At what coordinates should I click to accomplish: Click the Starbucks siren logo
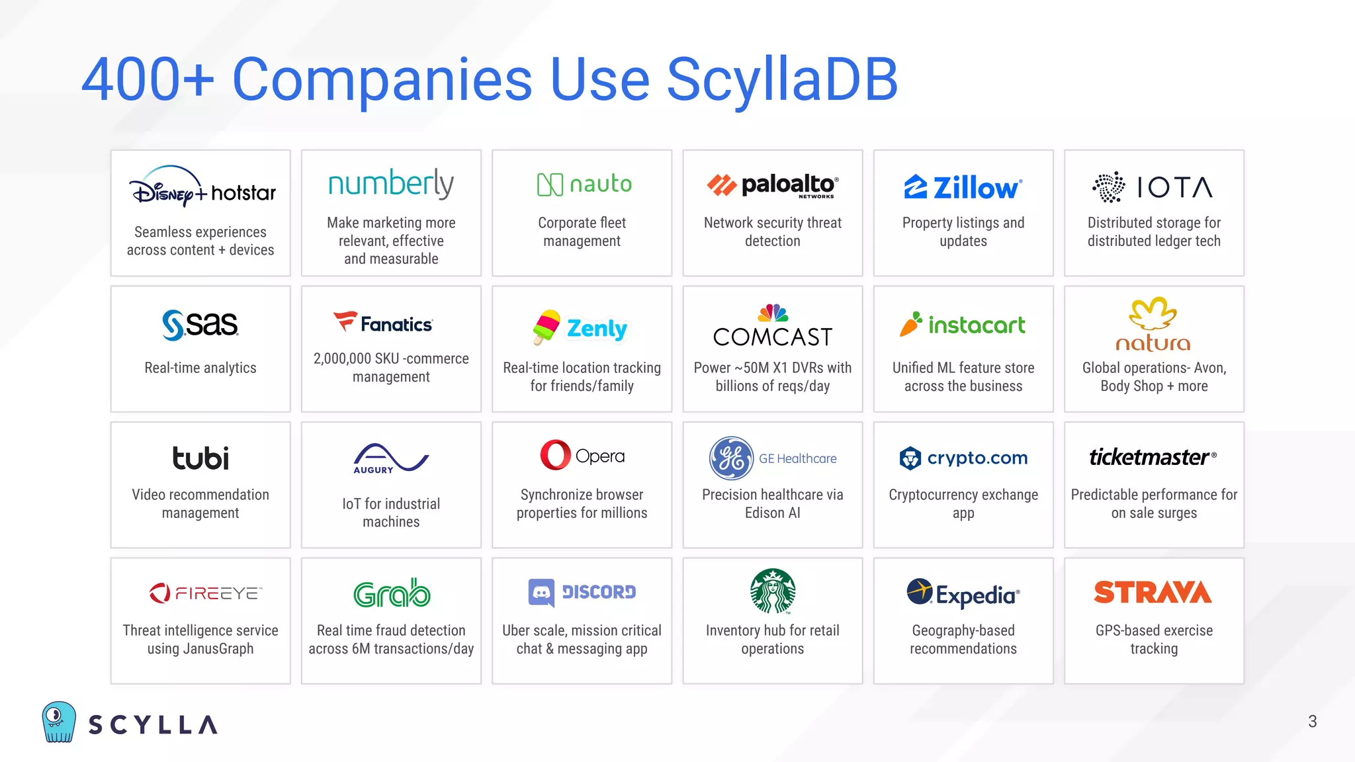[772, 591]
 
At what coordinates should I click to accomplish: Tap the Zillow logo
[963, 187]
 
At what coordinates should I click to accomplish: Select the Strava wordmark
[1153, 592]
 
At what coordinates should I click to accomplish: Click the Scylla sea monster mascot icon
[59, 722]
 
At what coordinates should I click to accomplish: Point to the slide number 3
[1312, 721]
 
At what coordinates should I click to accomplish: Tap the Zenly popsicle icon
[547, 327]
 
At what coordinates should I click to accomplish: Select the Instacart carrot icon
[910, 324]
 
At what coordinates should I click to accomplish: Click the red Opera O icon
[555, 455]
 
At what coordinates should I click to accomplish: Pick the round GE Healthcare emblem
[730, 458]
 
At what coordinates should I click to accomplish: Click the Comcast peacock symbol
[773, 312]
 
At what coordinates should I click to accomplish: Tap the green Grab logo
[392, 593]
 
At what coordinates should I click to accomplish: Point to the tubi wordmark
[200, 458]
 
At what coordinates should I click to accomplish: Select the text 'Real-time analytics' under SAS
[200, 368]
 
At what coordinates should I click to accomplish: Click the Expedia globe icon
[920, 591]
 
